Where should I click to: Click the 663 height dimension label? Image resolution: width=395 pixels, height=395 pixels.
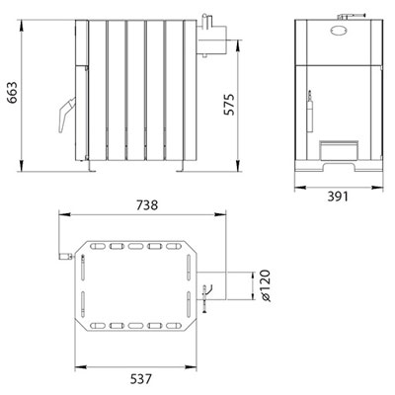(x=13, y=92)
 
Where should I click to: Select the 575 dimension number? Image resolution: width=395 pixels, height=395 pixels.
(x=229, y=105)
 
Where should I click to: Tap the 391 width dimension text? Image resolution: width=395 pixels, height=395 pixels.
(x=338, y=197)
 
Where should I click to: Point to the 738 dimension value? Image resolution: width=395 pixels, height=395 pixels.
(x=147, y=205)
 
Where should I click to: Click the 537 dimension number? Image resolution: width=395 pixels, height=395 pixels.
(x=141, y=379)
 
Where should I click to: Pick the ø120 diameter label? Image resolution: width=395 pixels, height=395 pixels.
(x=265, y=285)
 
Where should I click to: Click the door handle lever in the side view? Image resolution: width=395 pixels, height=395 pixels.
(x=66, y=115)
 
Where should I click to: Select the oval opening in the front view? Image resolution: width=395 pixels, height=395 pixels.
(x=338, y=30)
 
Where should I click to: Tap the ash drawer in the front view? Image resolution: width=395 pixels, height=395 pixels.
(x=340, y=150)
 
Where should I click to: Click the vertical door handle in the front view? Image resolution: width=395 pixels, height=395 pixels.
(x=310, y=112)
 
